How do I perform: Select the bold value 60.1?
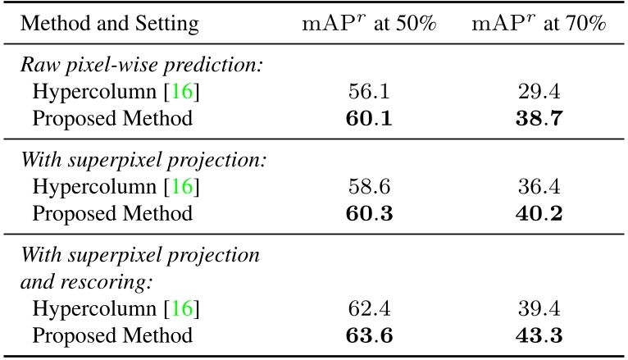369,120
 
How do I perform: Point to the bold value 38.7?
539,120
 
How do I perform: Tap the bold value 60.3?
369,213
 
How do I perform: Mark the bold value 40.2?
539,213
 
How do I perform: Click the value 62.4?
369,309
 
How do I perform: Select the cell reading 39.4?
539,309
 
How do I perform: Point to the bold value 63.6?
369,335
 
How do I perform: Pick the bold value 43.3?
539,335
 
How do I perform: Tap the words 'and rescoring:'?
75,282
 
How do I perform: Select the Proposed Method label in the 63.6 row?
112,335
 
